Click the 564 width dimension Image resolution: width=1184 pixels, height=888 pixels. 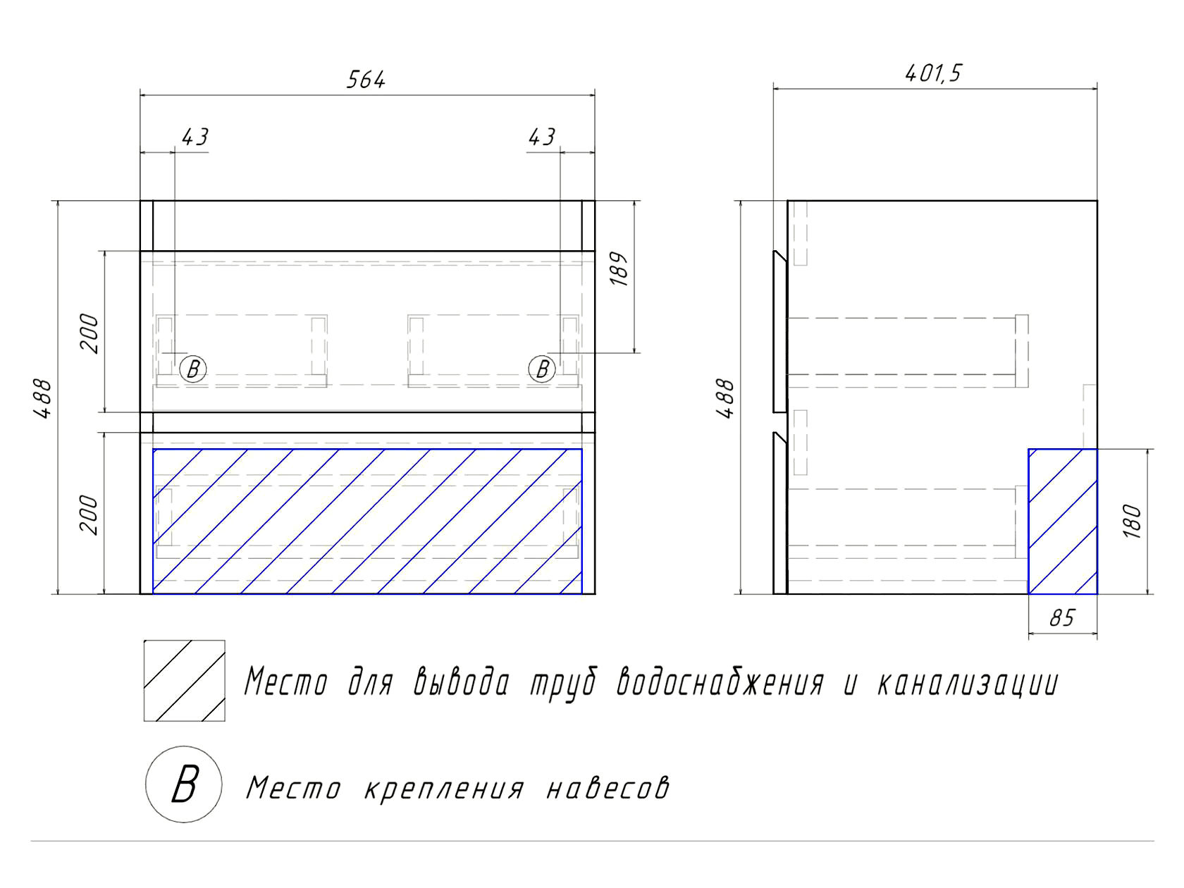click(366, 80)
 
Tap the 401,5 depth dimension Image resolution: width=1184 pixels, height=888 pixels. click(933, 73)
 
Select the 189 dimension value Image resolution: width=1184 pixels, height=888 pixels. click(619, 269)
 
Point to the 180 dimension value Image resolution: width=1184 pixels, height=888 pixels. click(1132, 521)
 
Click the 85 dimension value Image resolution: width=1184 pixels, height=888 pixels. click(1062, 618)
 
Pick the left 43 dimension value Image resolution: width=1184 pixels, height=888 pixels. click(195, 137)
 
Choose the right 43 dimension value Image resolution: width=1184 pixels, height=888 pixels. click(541, 137)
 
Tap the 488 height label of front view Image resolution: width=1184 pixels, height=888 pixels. click(42, 399)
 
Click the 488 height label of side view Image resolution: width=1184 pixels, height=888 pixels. click(725, 399)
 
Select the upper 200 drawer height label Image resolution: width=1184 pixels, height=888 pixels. click(89, 333)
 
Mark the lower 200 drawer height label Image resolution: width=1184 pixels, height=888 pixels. click(89, 515)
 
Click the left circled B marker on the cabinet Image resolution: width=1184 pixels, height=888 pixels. click(192, 369)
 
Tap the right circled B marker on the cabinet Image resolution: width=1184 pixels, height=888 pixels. click(542, 369)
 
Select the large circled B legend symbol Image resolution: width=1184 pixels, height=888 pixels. click(184, 784)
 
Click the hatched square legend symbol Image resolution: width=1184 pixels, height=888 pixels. click(185, 681)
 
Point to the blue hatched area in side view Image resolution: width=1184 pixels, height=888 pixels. click(1063, 522)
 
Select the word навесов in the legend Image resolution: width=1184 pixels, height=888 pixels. click(608, 788)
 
